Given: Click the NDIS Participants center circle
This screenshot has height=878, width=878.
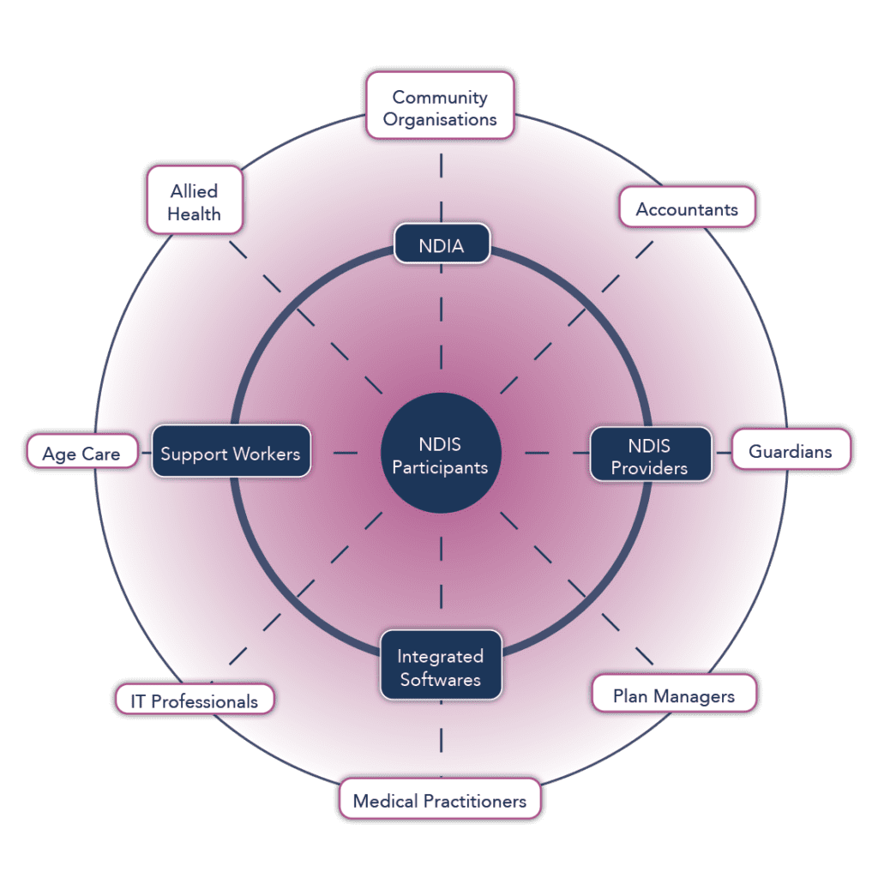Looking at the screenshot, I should point(440,455).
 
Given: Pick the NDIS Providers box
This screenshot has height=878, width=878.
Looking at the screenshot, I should point(650,455).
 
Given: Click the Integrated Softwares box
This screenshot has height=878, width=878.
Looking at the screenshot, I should point(440,667).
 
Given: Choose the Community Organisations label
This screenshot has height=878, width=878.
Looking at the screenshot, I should point(440,106).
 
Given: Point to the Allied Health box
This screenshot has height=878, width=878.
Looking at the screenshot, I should point(194,201).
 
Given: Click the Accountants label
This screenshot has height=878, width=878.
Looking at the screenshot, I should point(687,208).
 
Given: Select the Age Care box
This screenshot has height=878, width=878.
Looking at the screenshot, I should point(81,452).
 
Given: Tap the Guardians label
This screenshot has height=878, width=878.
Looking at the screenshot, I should point(791,450).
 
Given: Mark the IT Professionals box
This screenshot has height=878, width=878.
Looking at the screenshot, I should point(194,701).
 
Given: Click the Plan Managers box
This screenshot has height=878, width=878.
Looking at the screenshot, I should point(674,695).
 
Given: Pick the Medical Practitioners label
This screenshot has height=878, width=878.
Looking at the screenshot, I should point(440,800).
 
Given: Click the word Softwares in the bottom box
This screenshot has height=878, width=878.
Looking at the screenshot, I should point(440,680).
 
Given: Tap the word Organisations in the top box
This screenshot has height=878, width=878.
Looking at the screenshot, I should point(440,119).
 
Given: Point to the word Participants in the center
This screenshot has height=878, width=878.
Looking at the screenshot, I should point(440,468).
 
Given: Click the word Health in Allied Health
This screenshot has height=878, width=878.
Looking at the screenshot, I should point(194,213).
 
